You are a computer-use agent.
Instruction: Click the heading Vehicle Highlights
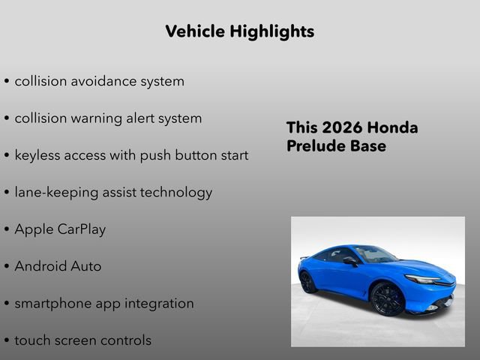pos(239,31)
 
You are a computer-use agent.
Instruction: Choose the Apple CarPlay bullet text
pos(60,229)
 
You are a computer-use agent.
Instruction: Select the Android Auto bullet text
pos(58,266)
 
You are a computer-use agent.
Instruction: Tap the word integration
pos(157,303)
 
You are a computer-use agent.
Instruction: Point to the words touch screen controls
pos(82,340)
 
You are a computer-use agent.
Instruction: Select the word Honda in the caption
pos(393,127)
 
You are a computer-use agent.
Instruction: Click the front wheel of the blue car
pos(388,298)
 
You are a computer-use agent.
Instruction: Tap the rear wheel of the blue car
pos(308,282)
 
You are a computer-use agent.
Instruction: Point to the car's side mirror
pos(349,261)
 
